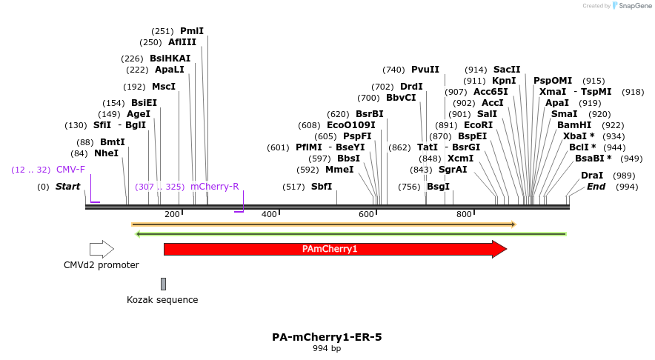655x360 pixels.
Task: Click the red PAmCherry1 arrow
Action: [x=330, y=249]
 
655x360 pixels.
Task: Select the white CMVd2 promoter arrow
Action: [x=102, y=249]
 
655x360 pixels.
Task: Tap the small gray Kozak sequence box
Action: [x=163, y=284]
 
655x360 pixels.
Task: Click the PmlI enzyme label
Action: [x=192, y=31]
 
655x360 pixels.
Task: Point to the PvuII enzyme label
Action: [x=425, y=70]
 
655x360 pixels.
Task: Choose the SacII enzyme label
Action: [x=507, y=70]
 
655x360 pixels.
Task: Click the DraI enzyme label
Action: [x=592, y=176]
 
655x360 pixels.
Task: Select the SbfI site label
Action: [x=322, y=187]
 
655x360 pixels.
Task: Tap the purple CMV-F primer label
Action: [x=70, y=170]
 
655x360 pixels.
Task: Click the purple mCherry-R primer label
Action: [x=214, y=187]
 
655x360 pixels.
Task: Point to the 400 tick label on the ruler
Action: [x=269, y=215]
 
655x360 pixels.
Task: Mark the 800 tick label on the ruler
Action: [x=464, y=215]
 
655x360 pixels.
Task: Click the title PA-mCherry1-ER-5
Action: [x=327, y=337]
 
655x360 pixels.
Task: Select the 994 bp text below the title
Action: [x=327, y=348]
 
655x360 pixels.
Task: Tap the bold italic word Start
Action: [x=67, y=187]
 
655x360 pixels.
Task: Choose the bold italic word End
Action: [x=596, y=187]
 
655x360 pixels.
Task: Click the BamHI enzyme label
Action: [x=574, y=125]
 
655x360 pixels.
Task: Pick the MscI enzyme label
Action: [x=164, y=87]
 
